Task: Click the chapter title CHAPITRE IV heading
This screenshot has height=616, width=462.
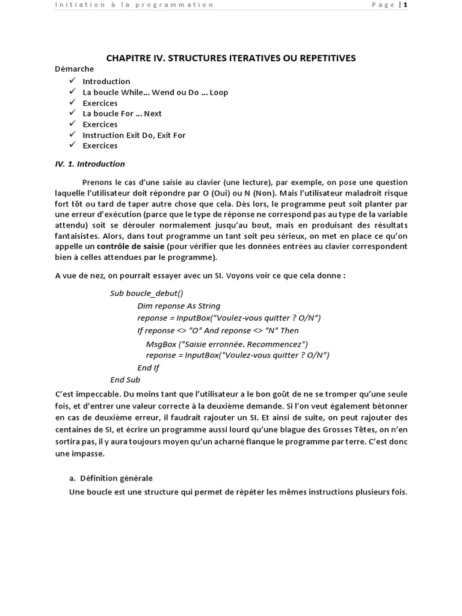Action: point(231,58)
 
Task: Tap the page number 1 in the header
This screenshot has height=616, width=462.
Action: point(405,5)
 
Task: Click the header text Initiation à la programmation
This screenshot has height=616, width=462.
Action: point(134,5)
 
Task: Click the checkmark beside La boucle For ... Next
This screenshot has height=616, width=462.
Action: point(72,113)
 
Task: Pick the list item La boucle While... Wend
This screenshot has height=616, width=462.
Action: point(155,92)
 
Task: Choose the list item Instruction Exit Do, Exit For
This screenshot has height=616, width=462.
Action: point(134,135)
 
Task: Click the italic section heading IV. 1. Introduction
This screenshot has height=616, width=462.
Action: point(90,164)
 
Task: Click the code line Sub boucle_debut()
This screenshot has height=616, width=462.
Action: point(147,293)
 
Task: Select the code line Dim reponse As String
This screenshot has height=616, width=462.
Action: point(179,306)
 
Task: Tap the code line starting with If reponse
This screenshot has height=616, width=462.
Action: point(218,330)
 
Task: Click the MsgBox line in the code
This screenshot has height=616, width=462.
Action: point(227,344)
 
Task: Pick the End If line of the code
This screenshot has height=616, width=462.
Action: point(149,368)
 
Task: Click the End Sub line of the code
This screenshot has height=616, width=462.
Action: point(125,380)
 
